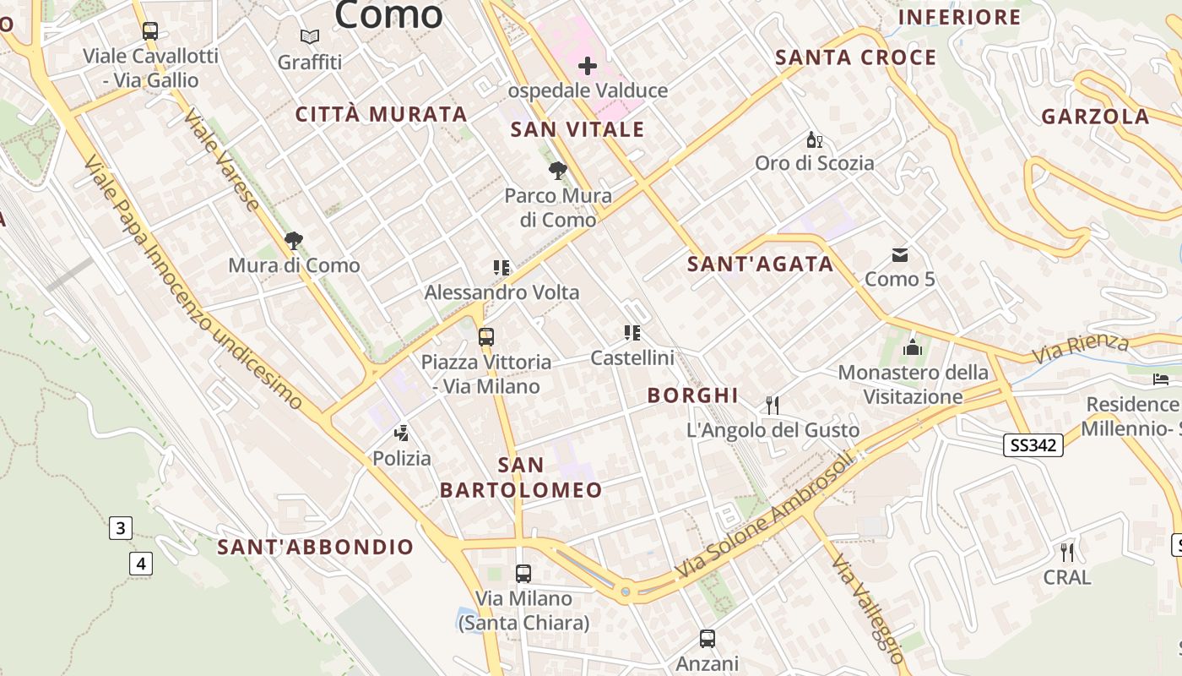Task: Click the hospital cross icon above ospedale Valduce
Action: [x=588, y=65]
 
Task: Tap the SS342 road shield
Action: [x=1033, y=445]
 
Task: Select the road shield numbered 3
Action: [x=120, y=529]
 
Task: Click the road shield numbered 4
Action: [x=141, y=563]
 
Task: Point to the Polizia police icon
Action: [x=402, y=434]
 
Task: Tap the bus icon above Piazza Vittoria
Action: [x=485, y=337]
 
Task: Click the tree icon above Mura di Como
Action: [x=294, y=241]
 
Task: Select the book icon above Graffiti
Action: [x=310, y=37]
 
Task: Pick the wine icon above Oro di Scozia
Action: [x=814, y=139]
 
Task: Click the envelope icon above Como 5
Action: [x=900, y=254]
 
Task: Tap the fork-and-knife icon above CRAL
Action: [x=1067, y=553]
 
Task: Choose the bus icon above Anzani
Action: [x=708, y=639]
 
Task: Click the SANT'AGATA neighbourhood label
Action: [x=760, y=264]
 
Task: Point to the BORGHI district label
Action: [x=692, y=395]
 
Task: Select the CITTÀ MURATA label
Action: [x=381, y=114]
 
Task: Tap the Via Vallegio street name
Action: [x=867, y=608]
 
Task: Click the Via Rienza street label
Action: [x=1081, y=347]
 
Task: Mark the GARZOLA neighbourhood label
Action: [x=1095, y=117]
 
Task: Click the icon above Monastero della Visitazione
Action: [x=912, y=347]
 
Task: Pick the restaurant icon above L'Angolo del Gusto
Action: [x=772, y=406]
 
